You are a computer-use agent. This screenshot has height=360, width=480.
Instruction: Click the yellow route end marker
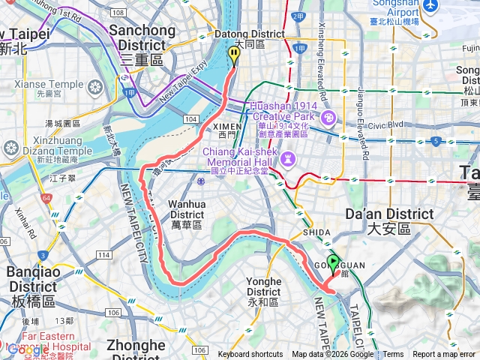pos(233,55)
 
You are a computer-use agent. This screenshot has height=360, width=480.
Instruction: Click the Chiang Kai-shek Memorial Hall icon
pos(287,158)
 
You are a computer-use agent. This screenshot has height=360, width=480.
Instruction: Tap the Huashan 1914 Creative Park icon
pos(328,118)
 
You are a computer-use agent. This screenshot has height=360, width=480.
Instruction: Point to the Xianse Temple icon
pos(95,88)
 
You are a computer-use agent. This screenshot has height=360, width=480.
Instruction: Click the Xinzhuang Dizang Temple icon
pos(10,148)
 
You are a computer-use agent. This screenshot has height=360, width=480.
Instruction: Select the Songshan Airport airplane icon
pos(430,5)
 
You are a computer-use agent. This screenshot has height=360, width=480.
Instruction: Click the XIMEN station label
pos(229,131)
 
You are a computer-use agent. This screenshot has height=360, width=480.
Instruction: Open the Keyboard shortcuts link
pos(250,355)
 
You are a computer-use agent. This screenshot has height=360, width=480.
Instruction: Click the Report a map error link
pos(445,355)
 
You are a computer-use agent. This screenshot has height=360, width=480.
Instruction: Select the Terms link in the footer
pos(393,355)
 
